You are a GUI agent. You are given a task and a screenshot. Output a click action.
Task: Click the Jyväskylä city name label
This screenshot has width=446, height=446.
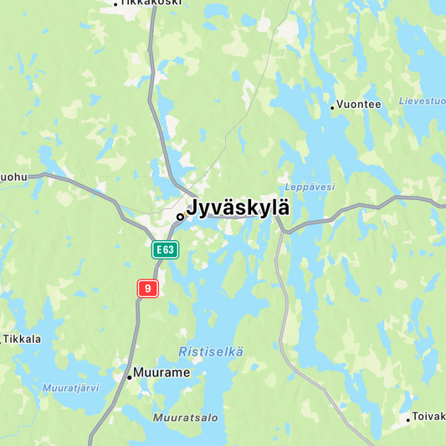click(238, 208)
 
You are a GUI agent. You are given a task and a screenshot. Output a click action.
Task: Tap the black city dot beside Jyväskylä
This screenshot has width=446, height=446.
click(180, 217)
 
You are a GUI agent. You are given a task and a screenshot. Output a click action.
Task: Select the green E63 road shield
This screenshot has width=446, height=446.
click(165, 249)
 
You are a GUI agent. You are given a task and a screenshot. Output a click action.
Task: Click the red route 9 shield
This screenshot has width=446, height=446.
click(147, 288)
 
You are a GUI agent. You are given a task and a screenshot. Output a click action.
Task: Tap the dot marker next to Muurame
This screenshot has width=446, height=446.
click(129, 377)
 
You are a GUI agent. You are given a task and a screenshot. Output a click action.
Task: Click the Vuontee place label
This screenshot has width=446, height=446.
click(359, 105)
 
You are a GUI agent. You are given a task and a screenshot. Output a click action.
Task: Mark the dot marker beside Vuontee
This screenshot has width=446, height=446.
click(332, 107)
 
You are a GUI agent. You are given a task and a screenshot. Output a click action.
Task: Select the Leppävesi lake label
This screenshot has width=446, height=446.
click(309, 187)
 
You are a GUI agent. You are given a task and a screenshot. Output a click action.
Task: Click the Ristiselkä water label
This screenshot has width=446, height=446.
click(211, 352)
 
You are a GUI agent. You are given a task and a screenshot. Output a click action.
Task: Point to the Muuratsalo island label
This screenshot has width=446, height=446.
click(185, 417)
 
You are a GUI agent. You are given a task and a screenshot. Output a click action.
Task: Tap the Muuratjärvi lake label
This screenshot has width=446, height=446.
click(70, 388)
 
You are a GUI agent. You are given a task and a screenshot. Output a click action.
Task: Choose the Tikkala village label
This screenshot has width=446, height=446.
click(23, 339)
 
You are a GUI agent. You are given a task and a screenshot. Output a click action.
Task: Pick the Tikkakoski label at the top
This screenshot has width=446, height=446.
click(150, 3)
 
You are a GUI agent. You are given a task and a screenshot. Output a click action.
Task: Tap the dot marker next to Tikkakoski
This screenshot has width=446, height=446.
click(115, 4)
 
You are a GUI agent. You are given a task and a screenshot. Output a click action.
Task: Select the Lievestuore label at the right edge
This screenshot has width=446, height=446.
click(422, 101)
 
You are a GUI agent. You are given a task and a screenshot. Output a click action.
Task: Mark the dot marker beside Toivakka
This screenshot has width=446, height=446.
click(409, 419)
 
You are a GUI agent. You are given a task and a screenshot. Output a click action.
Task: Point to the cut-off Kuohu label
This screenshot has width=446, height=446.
click(13, 177)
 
